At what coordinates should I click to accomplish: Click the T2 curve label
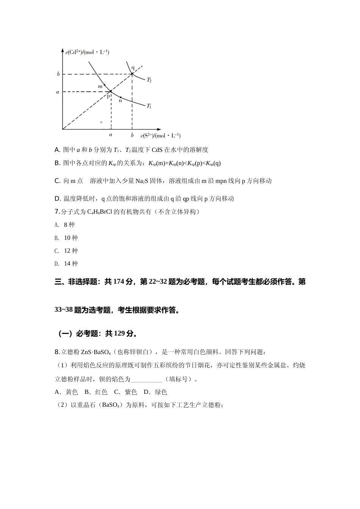(x=149, y=80)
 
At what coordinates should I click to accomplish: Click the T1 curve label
(x=149, y=106)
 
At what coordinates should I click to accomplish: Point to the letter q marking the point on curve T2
(x=133, y=68)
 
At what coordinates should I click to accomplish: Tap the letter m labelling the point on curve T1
(x=100, y=86)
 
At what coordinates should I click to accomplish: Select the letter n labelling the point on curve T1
(x=121, y=100)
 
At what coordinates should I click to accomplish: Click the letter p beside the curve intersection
(x=108, y=96)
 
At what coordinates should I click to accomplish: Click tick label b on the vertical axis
(x=58, y=74)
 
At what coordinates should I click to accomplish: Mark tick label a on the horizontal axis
(x=111, y=135)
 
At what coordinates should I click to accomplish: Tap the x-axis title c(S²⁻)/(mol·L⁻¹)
(x=160, y=136)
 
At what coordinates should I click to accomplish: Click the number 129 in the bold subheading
(x=119, y=334)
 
